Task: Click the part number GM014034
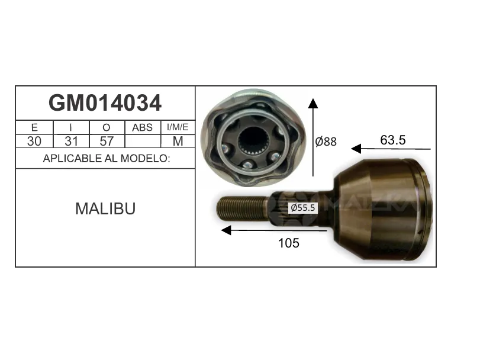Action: pyautogui.click(x=105, y=103)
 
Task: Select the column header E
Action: pyautogui.click(x=34, y=127)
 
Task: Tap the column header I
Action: pyautogui.click(x=70, y=127)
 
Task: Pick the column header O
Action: pyautogui.click(x=106, y=127)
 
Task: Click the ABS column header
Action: pyautogui.click(x=143, y=127)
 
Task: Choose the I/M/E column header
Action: pyautogui.click(x=178, y=127)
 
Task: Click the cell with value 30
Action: pyautogui.click(x=34, y=141)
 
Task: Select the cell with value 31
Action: pyautogui.click(x=72, y=141)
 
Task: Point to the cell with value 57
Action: pyautogui.click(x=107, y=141)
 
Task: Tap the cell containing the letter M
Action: pyautogui.click(x=178, y=141)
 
